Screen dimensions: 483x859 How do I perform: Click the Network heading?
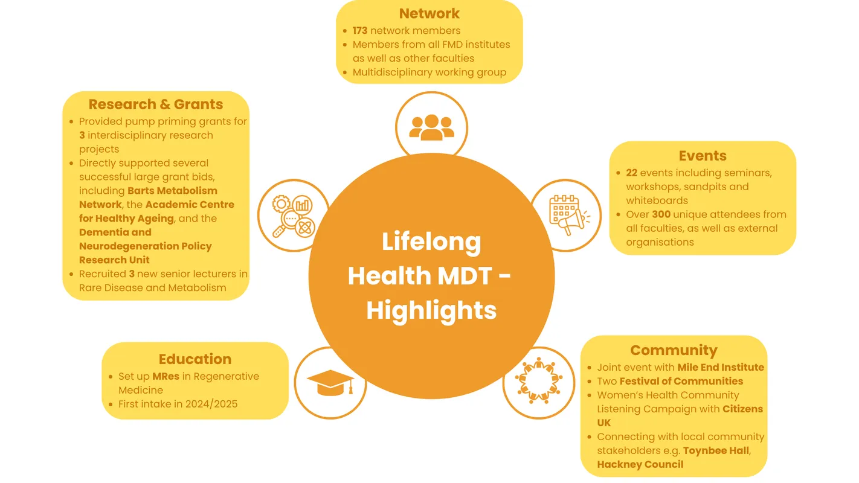coord(429,14)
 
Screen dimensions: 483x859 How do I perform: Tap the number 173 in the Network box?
coord(360,30)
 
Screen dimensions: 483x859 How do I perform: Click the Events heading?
coord(703,156)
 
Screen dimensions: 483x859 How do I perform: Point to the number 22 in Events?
coord(632,173)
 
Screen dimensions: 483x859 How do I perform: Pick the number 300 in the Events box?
coord(661,214)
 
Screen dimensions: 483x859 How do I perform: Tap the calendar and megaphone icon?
coord(565,216)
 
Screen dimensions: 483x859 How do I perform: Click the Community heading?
coord(674,350)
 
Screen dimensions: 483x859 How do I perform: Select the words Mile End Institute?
coord(721,367)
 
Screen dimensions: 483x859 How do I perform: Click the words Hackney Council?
coord(640,464)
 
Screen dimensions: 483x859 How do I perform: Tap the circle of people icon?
coord(538,382)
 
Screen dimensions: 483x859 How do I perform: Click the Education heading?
coord(195,359)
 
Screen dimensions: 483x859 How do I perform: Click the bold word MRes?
coord(166,376)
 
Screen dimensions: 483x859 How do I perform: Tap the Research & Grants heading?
coord(156,104)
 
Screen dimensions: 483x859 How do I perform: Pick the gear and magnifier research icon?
coord(294,216)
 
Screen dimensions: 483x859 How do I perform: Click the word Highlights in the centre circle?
coord(431,310)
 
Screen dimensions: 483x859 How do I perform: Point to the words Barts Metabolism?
coord(172,191)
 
